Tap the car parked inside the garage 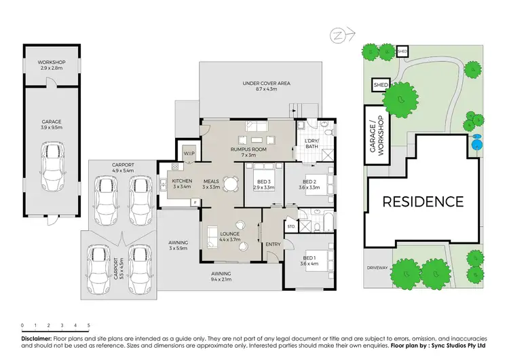[51, 167]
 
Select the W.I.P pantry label [189, 154]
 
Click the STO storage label [290, 226]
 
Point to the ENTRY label [274, 245]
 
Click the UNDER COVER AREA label [267, 83]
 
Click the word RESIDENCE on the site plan [423, 202]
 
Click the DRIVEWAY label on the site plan [378, 267]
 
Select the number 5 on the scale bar [88, 325]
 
